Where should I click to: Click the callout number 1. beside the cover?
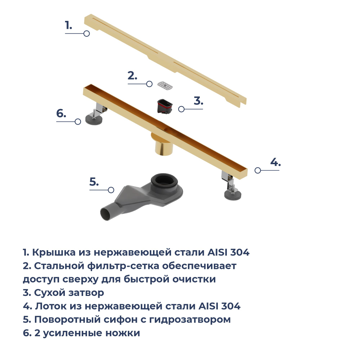pos(68,26)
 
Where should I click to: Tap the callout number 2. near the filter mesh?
pos(132,76)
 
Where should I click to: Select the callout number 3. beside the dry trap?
pos(198,101)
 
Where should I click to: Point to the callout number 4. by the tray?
pos(275,162)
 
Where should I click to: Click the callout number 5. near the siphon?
pos(94,182)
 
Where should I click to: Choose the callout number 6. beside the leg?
pos(61,114)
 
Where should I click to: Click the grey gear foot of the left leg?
pos(93,119)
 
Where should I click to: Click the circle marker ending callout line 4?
pos(257,170)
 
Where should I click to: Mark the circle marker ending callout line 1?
pos(86,33)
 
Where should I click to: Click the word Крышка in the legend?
pos(54,252)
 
